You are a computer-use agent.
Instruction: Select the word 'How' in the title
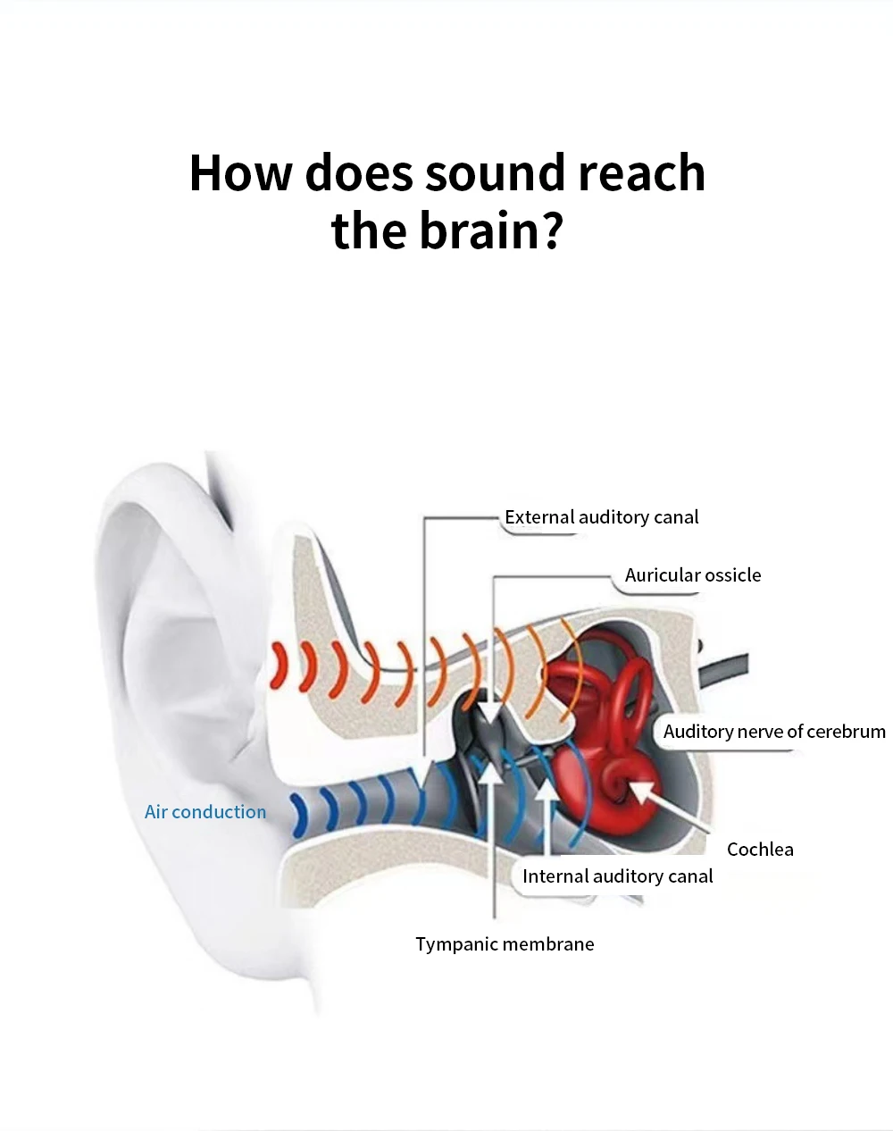click(x=240, y=172)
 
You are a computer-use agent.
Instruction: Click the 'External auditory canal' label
click(x=601, y=517)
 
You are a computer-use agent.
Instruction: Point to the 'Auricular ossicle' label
click(x=693, y=575)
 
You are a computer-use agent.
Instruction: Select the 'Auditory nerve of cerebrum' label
click(x=774, y=732)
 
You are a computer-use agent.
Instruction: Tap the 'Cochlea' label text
click(x=760, y=850)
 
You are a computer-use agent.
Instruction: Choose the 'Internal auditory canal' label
click(x=617, y=876)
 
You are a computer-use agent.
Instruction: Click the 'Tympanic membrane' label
click(x=505, y=944)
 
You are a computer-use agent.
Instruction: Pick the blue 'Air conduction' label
click(x=205, y=812)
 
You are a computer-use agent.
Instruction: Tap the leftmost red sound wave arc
click(x=280, y=665)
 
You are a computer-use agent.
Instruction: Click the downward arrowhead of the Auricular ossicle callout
click(x=490, y=712)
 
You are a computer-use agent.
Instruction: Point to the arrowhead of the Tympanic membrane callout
click(x=491, y=769)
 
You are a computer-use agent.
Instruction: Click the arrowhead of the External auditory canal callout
click(x=424, y=770)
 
